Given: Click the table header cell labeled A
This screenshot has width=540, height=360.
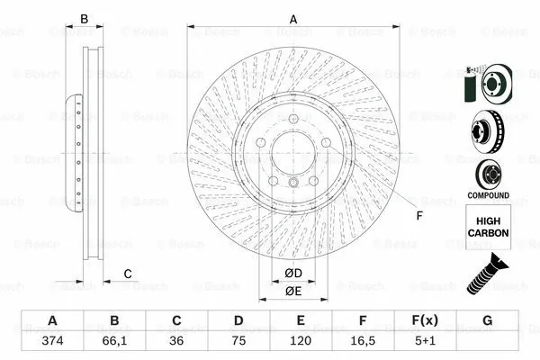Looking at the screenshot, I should click(x=52, y=321).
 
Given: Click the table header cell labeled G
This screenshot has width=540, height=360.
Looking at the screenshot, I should click(x=487, y=321).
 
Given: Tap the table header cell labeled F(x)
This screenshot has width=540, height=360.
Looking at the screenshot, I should click(x=425, y=321).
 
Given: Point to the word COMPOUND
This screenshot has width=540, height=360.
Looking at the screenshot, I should click(x=487, y=195).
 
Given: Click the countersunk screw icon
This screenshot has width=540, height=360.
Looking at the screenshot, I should click(x=487, y=274).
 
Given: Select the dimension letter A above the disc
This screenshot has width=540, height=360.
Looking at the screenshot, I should click(x=293, y=19).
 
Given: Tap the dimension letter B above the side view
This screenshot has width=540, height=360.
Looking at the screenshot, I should click(x=85, y=19).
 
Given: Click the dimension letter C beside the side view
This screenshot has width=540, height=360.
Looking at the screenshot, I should click(x=127, y=274).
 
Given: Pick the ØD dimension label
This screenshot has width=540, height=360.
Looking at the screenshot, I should click(x=293, y=273).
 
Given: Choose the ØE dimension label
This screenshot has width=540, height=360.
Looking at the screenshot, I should click(x=293, y=291).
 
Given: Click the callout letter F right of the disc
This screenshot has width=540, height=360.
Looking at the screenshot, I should click(x=418, y=214).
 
